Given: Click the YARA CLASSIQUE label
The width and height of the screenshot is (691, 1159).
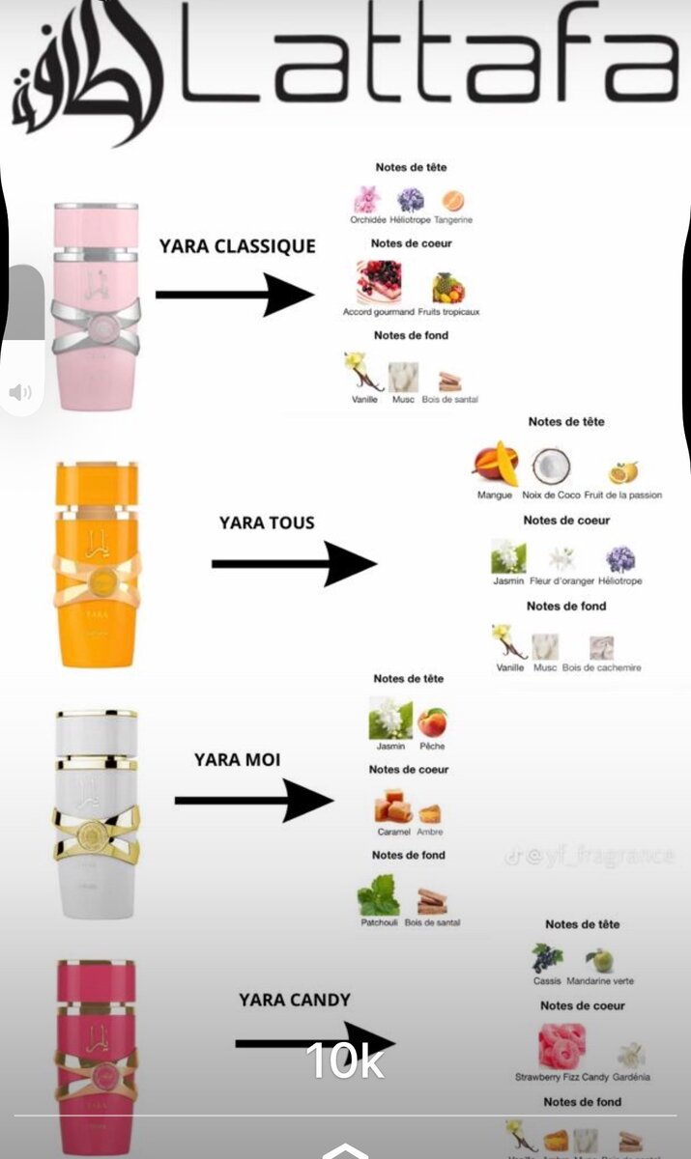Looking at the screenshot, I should click(237, 246).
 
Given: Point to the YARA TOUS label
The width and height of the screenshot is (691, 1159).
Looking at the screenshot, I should click(267, 523).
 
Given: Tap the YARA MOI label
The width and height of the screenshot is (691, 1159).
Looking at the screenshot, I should click(237, 759).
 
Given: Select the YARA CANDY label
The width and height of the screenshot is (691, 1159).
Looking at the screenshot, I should click(295, 1000).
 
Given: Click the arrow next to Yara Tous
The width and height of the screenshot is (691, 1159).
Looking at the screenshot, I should click(294, 563).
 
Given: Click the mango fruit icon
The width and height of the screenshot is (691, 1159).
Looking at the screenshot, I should click(495, 463).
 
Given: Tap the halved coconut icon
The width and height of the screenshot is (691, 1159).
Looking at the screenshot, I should click(551, 466).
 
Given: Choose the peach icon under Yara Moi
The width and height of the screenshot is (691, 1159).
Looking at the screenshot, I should click(432, 721).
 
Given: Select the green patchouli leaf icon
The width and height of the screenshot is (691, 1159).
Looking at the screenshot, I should click(378, 895).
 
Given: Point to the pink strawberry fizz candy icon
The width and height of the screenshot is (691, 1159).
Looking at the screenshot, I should click(562, 1046).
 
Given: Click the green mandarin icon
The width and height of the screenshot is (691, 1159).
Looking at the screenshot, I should click(600, 959).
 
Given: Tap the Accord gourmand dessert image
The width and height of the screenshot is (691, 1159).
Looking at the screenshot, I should click(378, 282).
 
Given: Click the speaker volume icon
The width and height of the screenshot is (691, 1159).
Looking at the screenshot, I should click(20, 391).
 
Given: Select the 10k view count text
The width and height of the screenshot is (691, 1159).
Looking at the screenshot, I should click(345, 1060).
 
